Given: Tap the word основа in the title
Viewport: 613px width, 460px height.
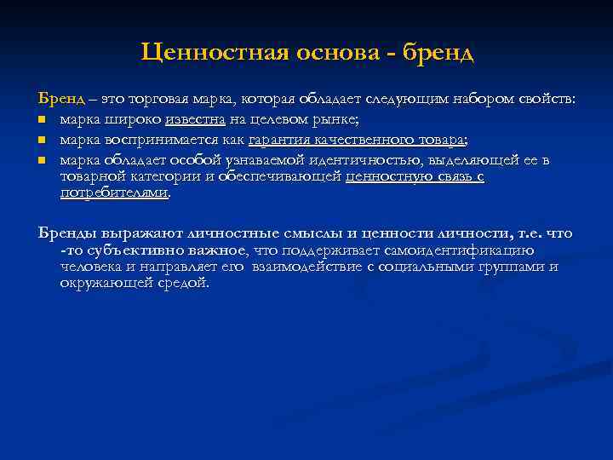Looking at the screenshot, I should click(x=331, y=54).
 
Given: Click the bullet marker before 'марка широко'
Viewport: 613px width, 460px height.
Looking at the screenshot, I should click(x=42, y=120).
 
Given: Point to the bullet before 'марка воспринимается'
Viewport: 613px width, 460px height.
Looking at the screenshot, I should click(x=42, y=141).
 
